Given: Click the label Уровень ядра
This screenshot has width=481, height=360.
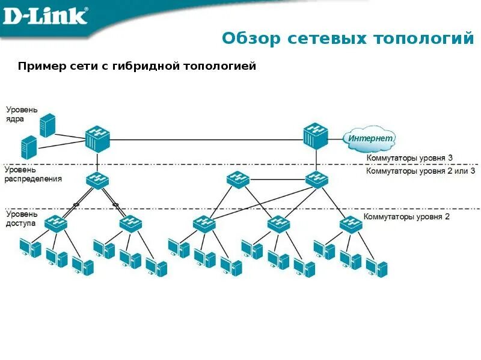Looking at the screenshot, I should pos(22,114).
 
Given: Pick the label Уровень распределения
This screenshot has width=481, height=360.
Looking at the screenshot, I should pos(33,174).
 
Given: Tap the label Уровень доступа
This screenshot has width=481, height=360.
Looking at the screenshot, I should pos(22,218).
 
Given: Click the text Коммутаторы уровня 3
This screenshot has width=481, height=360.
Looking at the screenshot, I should pos(409,157).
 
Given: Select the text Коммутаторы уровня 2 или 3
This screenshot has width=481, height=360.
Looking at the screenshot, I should pos(420,171).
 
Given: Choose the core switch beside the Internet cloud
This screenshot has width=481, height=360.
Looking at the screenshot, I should pos(316,136).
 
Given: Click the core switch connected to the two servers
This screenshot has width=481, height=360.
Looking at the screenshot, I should pos(97,139).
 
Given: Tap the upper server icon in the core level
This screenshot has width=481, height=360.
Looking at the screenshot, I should pos(47,125).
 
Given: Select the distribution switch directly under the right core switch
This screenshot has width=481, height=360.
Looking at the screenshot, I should pos(316,179).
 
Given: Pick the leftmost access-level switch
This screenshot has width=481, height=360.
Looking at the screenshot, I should pos(56,223).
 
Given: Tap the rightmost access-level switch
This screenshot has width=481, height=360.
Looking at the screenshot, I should pos(350,223).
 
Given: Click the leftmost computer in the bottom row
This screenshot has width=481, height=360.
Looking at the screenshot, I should pos(29,248).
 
